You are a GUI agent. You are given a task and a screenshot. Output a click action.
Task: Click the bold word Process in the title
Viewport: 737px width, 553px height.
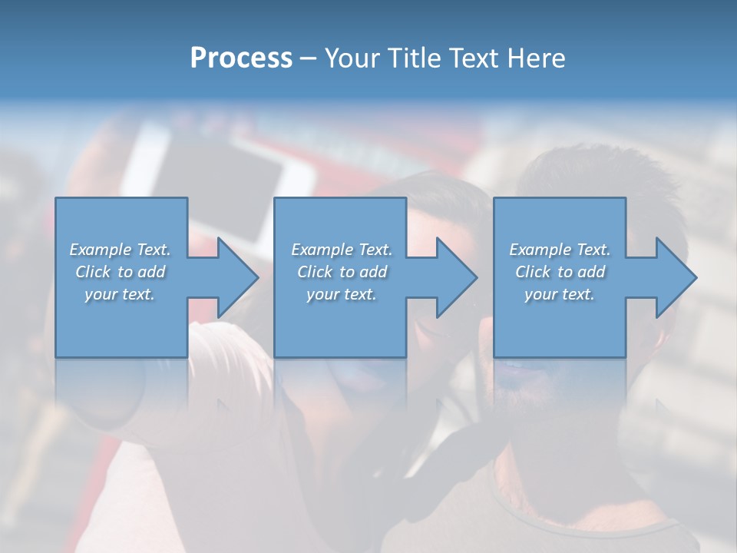pyautogui.click(x=241, y=58)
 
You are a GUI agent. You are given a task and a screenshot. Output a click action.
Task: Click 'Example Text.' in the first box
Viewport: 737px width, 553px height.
pyautogui.click(x=121, y=250)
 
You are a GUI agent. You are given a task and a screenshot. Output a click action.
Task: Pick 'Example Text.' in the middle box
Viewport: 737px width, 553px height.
pyautogui.click(x=342, y=250)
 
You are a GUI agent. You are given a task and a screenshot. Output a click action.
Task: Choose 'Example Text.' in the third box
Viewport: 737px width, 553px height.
pyautogui.click(x=560, y=250)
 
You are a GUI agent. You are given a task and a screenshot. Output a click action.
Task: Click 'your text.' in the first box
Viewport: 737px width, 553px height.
pyautogui.click(x=120, y=294)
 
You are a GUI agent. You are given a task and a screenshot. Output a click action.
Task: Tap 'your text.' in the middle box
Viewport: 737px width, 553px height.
pyautogui.click(x=341, y=294)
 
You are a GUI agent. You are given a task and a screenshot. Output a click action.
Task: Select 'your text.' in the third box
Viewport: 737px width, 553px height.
pyautogui.click(x=559, y=294)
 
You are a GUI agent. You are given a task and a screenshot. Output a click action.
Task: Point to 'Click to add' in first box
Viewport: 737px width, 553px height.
pyautogui.click(x=121, y=272)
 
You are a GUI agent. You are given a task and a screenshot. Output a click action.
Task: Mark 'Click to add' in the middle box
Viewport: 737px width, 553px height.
pyautogui.click(x=342, y=272)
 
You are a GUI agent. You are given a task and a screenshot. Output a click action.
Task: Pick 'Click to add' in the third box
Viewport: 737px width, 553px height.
pyautogui.click(x=560, y=272)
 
